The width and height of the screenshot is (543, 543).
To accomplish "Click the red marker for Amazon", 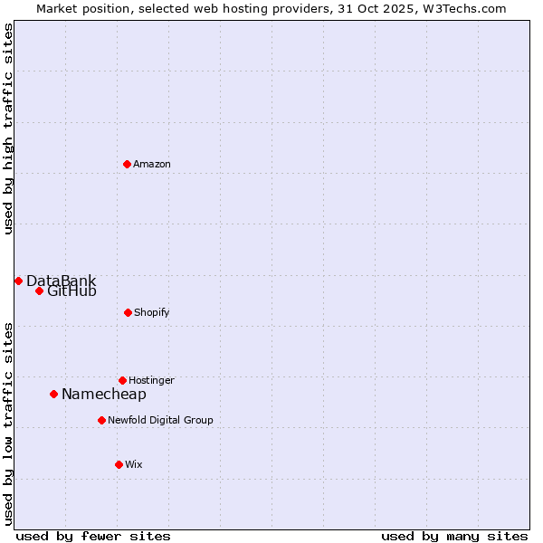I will (x=127, y=164).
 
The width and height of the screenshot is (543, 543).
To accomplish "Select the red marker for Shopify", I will (x=128, y=312).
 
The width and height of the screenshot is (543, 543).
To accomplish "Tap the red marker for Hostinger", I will (x=122, y=380).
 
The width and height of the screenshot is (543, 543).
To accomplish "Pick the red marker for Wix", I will (x=119, y=464).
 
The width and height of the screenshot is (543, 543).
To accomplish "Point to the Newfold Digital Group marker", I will (x=101, y=420).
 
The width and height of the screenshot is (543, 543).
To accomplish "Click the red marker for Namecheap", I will (x=53, y=394).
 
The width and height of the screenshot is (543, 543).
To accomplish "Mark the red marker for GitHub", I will (x=39, y=291).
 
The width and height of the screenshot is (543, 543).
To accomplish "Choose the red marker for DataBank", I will (x=18, y=281).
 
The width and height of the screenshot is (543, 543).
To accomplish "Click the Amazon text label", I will (x=152, y=164).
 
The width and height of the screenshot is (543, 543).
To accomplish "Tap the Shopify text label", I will (x=152, y=312).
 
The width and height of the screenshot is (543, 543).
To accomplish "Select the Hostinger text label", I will (x=151, y=380).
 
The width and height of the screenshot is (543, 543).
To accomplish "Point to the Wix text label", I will (x=134, y=464).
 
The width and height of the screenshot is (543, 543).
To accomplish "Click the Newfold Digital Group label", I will (x=160, y=420).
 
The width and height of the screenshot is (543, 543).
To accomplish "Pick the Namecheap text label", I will (x=104, y=394).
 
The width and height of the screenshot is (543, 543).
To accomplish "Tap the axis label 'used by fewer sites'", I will (x=93, y=536).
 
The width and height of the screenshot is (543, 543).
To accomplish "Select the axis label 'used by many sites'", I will (x=454, y=536).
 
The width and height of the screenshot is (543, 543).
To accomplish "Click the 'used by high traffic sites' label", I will (x=9, y=129).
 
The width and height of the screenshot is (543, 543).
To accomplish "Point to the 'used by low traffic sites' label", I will (x=9, y=424).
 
